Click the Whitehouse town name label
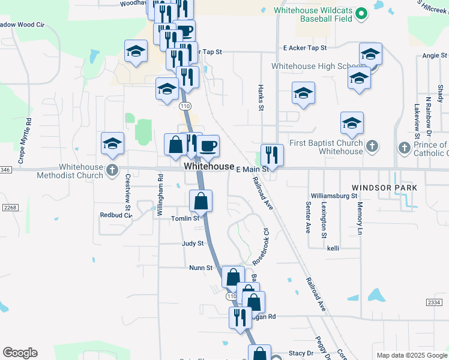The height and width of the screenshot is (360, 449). point(209,166)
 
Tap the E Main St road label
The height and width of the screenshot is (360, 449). point(251,170)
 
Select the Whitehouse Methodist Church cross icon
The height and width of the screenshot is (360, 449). point(112,171)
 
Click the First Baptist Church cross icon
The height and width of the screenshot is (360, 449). point(372,146)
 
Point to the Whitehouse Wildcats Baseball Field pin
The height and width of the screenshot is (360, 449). point(361,13)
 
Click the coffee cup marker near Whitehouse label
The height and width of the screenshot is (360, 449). point(208,146)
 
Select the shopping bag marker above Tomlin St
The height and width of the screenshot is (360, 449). point(201,201)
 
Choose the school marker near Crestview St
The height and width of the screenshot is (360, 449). point(112,143)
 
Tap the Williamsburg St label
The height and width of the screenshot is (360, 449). point(334,196)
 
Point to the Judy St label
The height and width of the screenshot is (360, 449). point(193,244)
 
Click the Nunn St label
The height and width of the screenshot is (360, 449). point(201,268)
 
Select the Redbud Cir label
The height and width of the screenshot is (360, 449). point(115,214)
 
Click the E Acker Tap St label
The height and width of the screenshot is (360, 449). point(305,47)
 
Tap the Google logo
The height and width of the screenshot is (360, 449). point(20,353)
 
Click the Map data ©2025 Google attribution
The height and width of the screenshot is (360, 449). point(411,355)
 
